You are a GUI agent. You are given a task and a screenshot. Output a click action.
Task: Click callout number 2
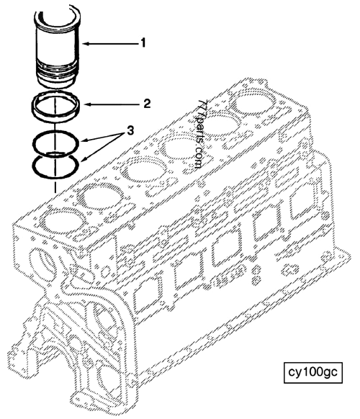146,103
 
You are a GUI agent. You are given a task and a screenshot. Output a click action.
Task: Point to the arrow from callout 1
108,44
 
